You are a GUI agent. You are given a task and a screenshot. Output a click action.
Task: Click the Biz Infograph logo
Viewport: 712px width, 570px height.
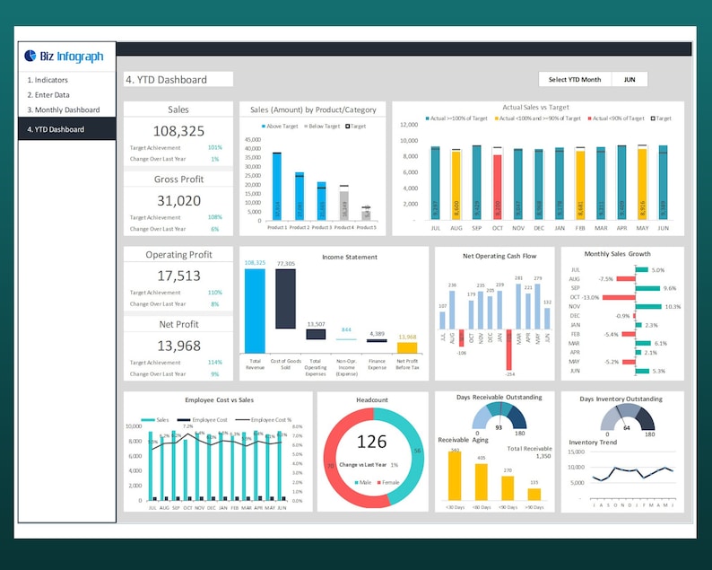click(65, 57)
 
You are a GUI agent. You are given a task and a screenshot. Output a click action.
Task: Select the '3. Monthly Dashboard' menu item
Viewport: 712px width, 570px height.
click(63, 110)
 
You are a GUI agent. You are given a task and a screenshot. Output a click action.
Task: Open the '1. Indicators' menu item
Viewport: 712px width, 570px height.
click(48, 80)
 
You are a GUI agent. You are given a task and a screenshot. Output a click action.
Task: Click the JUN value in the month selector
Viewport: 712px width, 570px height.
click(630, 80)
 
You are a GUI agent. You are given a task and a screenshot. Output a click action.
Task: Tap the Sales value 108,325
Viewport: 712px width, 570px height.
click(178, 130)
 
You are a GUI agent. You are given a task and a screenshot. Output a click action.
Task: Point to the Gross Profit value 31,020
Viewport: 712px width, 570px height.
click(178, 200)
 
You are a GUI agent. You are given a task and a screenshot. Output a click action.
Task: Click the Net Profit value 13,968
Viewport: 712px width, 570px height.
click(178, 346)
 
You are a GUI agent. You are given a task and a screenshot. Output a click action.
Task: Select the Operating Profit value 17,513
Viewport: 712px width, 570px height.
click(178, 276)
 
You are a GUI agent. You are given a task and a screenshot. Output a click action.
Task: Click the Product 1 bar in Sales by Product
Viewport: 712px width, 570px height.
click(276, 186)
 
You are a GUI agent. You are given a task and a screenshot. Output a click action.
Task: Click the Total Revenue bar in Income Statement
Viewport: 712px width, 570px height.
click(255, 310)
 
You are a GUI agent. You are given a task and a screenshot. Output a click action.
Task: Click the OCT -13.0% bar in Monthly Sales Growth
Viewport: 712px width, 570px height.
click(618, 297)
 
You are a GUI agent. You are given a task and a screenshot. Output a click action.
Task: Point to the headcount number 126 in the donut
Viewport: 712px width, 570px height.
click(371, 442)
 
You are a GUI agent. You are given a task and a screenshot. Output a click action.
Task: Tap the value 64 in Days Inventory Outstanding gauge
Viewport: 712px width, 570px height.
click(627, 428)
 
